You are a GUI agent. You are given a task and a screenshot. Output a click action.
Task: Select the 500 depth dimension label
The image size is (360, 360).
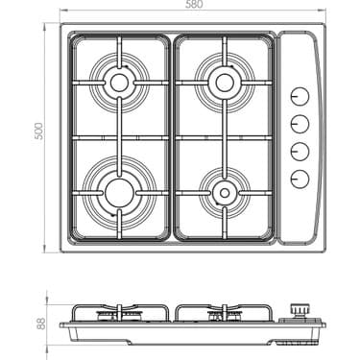(x=39, y=135)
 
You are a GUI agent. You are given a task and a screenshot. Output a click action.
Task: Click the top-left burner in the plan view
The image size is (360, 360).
(x=119, y=82)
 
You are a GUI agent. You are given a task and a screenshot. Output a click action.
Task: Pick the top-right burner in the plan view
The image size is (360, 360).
(x=224, y=81)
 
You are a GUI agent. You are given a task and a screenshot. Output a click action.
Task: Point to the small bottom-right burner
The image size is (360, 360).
(x=224, y=192)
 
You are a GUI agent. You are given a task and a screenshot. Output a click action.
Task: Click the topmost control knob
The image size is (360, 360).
(x=300, y=97)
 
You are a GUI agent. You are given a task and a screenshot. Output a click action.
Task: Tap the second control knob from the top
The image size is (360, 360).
(x=300, y=124)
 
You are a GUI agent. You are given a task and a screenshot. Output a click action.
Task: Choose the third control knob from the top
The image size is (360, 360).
(x=300, y=151)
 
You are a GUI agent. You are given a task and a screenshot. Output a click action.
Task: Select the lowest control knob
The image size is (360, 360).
(x=300, y=178)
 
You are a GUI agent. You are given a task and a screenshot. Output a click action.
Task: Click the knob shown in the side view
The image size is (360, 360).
(x=300, y=309)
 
